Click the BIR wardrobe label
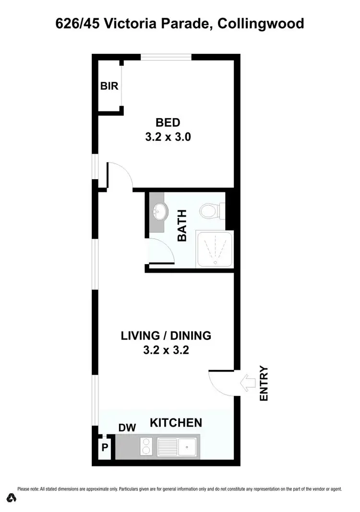point(109,86)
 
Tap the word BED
point(168,123)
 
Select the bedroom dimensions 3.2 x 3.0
point(168,137)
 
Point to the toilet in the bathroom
point(210,210)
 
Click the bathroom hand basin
point(159,210)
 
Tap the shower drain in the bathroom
point(215,262)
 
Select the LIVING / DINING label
point(166,336)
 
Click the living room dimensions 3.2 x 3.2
point(166,350)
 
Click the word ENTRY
point(264,384)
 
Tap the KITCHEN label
point(176,423)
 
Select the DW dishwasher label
point(128,427)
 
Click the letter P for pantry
point(104,450)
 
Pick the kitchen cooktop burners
point(146,447)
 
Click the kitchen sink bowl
point(187,447)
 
